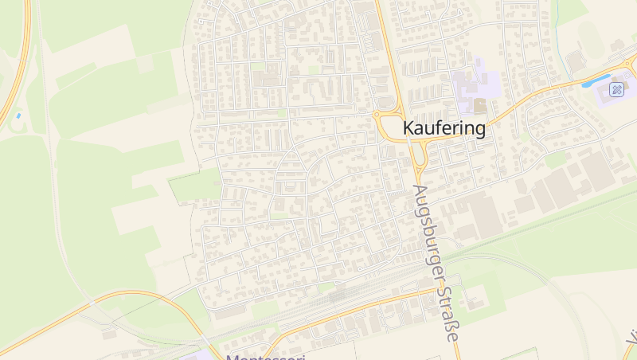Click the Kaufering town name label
[x=444, y=127]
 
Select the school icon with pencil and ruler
[x=616, y=89]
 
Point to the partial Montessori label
[x=267, y=357]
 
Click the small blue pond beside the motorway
[x=18, y=115]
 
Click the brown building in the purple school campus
[x=479, y=104]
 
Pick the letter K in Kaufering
[x=409, y=127]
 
